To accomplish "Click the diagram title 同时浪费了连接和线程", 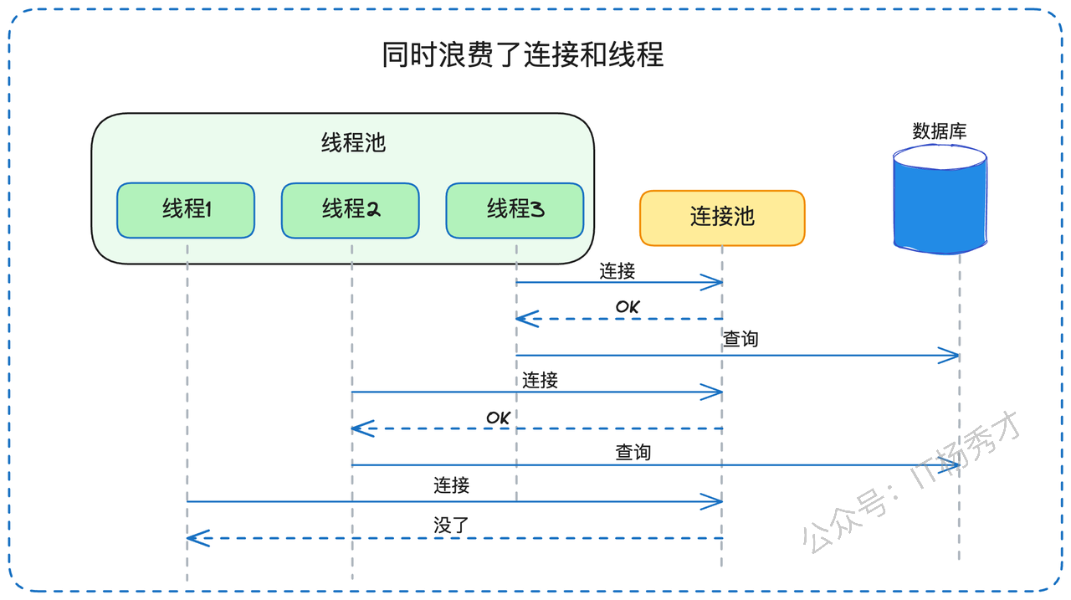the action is click(523, 54).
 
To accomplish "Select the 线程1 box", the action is click(186, 210).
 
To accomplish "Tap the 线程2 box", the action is click(351, 210).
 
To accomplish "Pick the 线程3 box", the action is click(515, 210).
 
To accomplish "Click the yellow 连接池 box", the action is click(722, 218).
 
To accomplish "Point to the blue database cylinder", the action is click(940, 199).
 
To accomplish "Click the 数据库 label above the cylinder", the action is click(940, 131).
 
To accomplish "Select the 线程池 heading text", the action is click(353, 142).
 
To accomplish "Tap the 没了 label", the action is click(451, 525).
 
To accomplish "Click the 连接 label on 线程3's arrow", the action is click(617, 271).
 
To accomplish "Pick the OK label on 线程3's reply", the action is click(628, 307).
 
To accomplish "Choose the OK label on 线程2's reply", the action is click(498, 418).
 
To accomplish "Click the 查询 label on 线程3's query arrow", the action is click(740, 339).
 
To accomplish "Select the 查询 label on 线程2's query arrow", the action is click(633, 452).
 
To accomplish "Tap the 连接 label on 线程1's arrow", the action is click(451, 485).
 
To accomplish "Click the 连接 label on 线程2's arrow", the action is click(540, 381).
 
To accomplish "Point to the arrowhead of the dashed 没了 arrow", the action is click(187, 538).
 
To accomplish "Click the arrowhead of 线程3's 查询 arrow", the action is click(959, 356).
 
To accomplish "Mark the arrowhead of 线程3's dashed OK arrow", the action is click(516, 318).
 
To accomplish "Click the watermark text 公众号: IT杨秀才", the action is click(911, 483).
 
